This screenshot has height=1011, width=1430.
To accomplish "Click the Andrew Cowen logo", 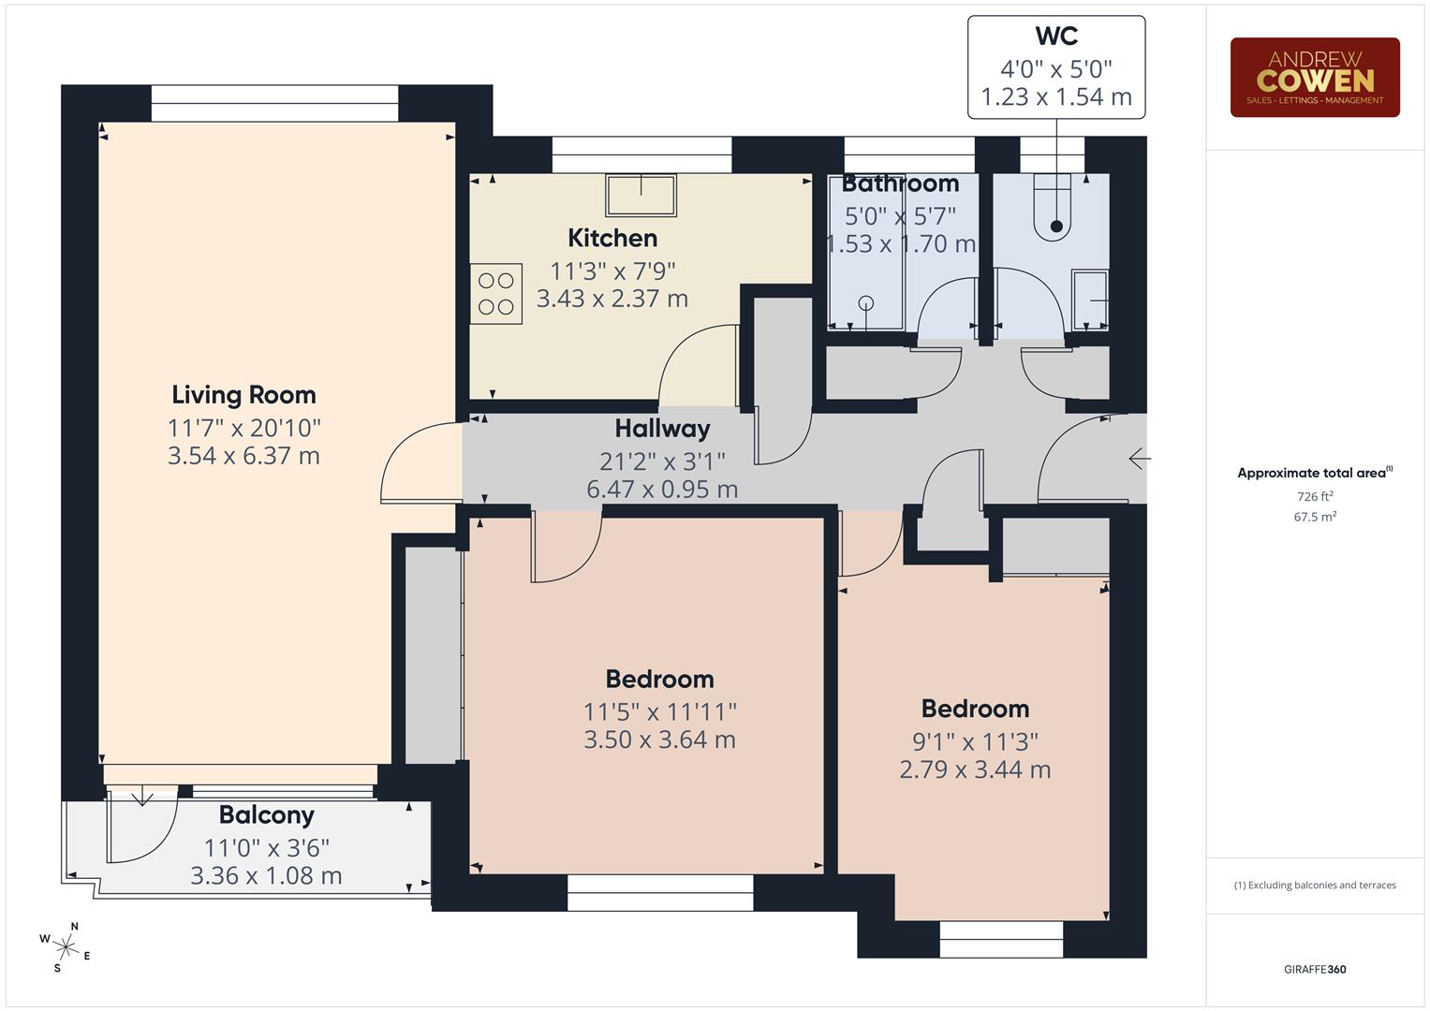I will click(1314, 77).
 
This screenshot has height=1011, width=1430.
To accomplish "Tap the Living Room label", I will click(243, 394).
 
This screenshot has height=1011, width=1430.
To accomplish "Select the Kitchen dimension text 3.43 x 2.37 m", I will click(612, 299).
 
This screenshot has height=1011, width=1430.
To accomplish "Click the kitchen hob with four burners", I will click(495, 293).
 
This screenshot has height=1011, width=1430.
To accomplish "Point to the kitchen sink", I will click(641, 195).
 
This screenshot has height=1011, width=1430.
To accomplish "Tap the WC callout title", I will click(1055, 37).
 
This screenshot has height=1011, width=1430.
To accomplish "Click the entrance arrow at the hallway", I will click(1139, 459).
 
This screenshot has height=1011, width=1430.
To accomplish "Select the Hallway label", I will click(661, 429).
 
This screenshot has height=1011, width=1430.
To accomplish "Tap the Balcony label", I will click(266, 814).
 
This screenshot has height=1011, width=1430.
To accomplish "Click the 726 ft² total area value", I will click(1314, 496).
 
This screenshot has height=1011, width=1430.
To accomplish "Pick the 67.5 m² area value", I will click(1314, 517).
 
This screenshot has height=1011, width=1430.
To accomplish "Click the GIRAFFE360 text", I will click(1314, 969).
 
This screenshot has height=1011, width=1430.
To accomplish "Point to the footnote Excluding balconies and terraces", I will click(1314, 885).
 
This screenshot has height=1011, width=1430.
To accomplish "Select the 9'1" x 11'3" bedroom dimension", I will click(975, 741).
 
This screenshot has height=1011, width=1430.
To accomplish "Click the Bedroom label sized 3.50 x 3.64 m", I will click(659, 679).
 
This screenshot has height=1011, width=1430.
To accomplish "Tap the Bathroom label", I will click(900, 183).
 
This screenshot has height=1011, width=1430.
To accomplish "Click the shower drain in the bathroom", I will click(865, 302).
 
